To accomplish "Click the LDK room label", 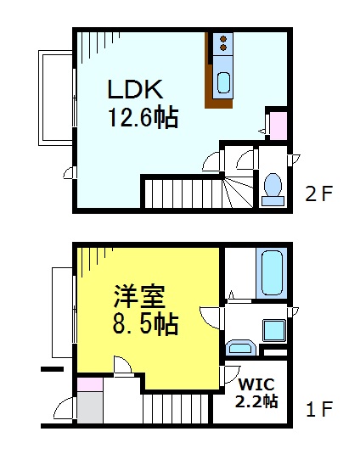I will (x=134, y=89).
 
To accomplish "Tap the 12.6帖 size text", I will (x=143, y=116).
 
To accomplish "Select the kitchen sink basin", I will (x=223, y=82).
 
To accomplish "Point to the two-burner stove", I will (x=223, y=42).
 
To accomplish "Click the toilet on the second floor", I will (x=273, y=186).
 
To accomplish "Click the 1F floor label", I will (x=320, y=410).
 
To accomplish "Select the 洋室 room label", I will (x=140, y=296).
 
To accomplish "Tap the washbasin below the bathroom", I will (x=241, y=348).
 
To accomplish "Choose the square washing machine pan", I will (x=274, y=329).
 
